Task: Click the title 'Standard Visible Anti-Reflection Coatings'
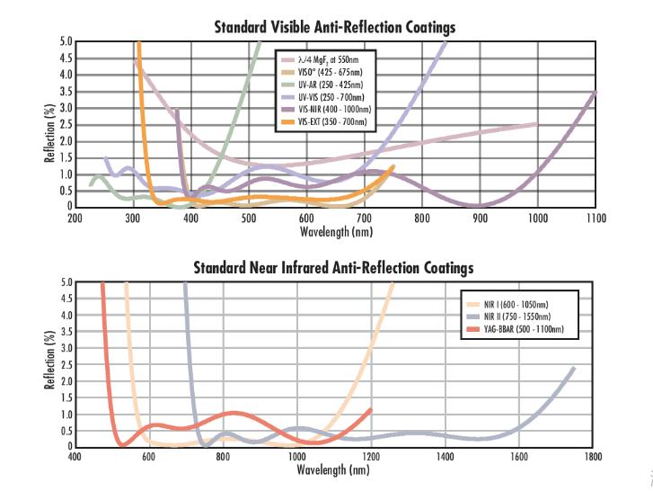click(x=334, y=27)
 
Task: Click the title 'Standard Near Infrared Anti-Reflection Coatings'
click(x=334, y=268)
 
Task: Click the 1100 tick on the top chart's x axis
click(x=596, y=218)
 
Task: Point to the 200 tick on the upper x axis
click(x=75, y=218)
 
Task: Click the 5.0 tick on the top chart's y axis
click(x=66, y=41)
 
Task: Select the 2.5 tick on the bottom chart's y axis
click(x=66, y=365)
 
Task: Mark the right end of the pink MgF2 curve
click(x=536, y=124)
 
